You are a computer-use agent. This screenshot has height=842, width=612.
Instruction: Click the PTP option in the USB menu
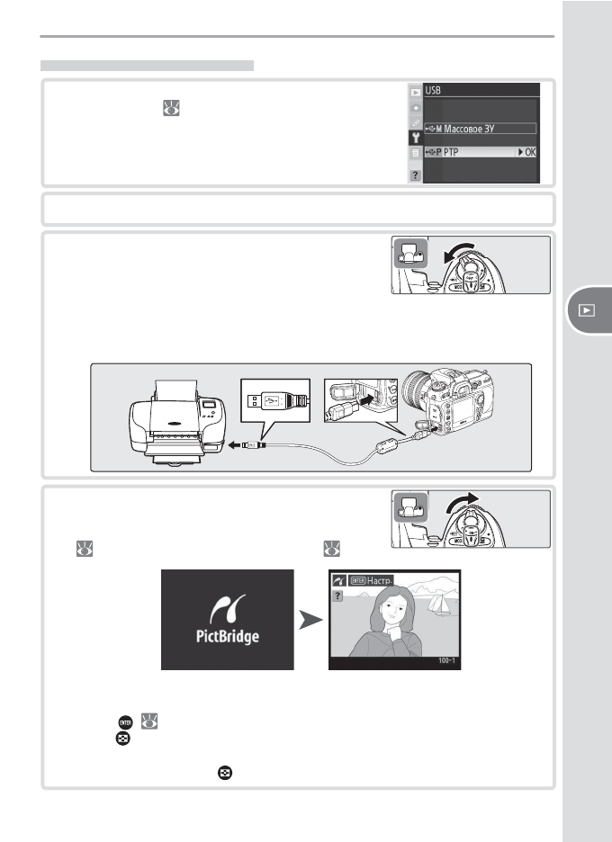click(x=451, y=153)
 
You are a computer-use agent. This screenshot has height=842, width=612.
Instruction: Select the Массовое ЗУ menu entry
click(x=469, y=129)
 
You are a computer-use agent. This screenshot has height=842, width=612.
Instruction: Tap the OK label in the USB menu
click(x=530, y=153)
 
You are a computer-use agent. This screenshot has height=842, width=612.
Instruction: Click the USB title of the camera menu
click(x=433, y=91)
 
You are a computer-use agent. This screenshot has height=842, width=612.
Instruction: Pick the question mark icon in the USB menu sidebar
click(x=415, y=175)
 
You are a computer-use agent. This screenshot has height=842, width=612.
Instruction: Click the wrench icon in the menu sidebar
click(x=415, y=138)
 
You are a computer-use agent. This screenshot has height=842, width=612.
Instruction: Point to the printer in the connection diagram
click(x=177, y=423)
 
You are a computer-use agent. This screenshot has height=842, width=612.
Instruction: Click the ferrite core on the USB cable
click(x=385, y=446)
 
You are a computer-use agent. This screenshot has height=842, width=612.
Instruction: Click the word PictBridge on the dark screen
click(x=228, y=636)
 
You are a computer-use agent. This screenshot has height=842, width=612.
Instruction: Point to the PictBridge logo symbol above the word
click(x=228, y=609)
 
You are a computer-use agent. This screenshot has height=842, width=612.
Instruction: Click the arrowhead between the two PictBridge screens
click(x=310, y=620)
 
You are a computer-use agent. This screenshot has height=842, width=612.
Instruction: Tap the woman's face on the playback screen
click(x=392, y=610)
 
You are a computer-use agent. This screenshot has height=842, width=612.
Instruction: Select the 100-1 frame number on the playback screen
click(x=446, y=660)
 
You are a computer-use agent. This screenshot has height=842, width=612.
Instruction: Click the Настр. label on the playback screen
click(x=380, y=580)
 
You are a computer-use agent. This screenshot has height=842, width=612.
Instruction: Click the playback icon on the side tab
click(x=587, y=310)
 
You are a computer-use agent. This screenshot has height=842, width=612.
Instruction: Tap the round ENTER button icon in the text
click(x=125, y=722)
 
